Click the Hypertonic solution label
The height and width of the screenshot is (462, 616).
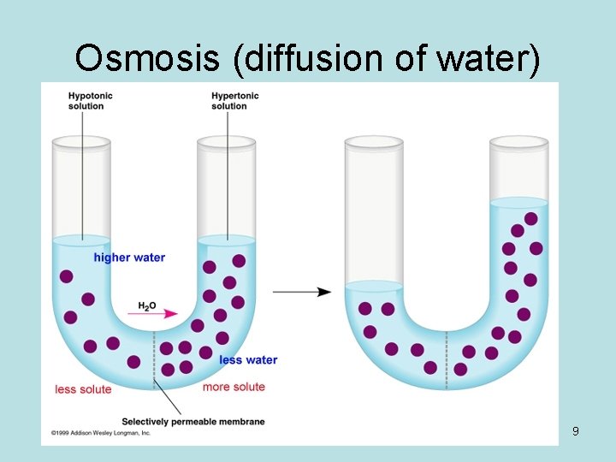[x=234, y=100]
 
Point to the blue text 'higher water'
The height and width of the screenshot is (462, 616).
[x=129, y=258]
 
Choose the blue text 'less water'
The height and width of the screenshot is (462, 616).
[x=248, y=359]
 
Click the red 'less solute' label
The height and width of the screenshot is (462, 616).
[x=83, y=389]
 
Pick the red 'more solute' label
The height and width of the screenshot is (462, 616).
[x=234, y=387]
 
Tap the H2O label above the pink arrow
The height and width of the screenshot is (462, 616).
[x=147, y=305]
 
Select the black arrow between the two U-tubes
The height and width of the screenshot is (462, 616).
[x=303, y=292]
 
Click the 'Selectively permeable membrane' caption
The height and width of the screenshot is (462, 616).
[x=192, y=421]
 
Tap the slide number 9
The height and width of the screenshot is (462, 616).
[x=576, y=431]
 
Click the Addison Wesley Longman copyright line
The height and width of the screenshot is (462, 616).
[x=100, y=433]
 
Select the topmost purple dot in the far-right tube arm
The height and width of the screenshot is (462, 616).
[x=530, y=219]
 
